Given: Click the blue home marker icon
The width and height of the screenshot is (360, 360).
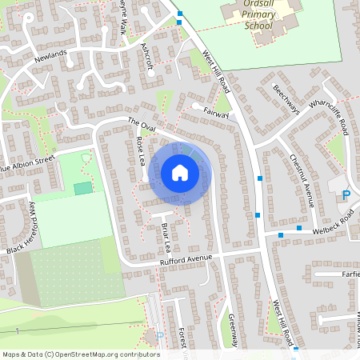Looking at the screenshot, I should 180,173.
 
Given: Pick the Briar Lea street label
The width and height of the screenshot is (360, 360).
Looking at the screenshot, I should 167,234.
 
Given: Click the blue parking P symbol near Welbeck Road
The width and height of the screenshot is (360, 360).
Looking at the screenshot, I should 346,195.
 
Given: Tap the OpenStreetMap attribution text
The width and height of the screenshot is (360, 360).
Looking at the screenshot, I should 81,354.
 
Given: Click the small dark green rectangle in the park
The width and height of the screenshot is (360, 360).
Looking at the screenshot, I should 83,189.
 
